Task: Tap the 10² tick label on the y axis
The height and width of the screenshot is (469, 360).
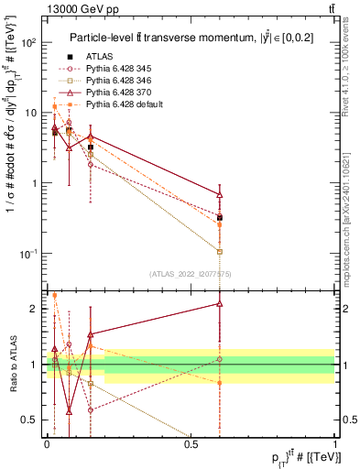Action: (29, 43)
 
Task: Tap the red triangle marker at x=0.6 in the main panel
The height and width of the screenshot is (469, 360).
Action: (220, 194)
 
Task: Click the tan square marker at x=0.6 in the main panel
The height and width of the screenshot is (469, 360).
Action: (220, 251)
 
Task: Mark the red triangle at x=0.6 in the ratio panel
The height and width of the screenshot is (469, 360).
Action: (220, 303)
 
